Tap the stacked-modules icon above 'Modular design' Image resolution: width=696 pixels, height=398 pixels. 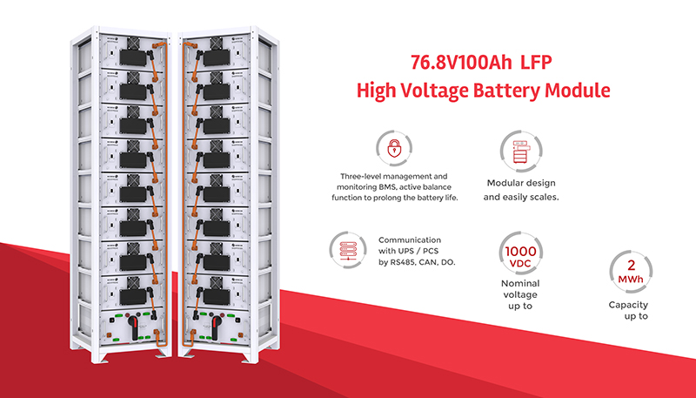[520, 152]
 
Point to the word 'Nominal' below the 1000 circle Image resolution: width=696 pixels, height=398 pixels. [520, 284]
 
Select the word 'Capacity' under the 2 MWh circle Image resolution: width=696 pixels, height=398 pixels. [629, 305]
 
